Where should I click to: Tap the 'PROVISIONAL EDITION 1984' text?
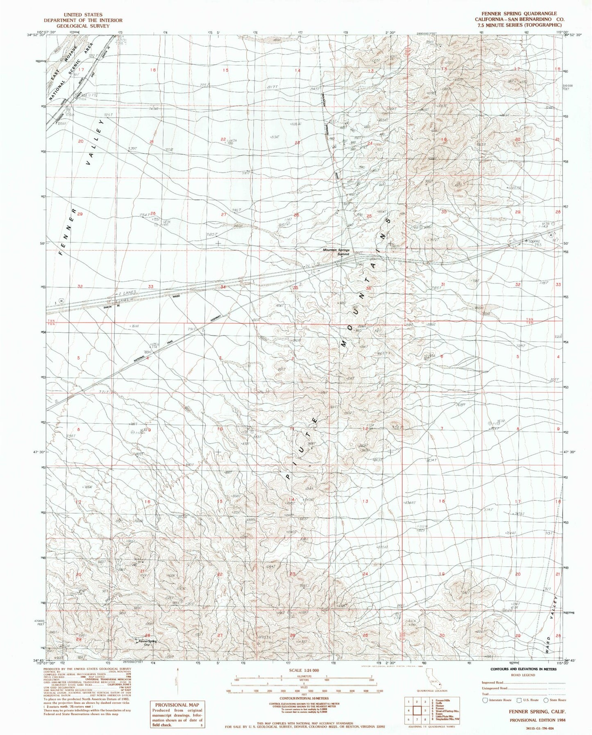[537, 719]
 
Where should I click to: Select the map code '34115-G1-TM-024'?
[541, 729]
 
